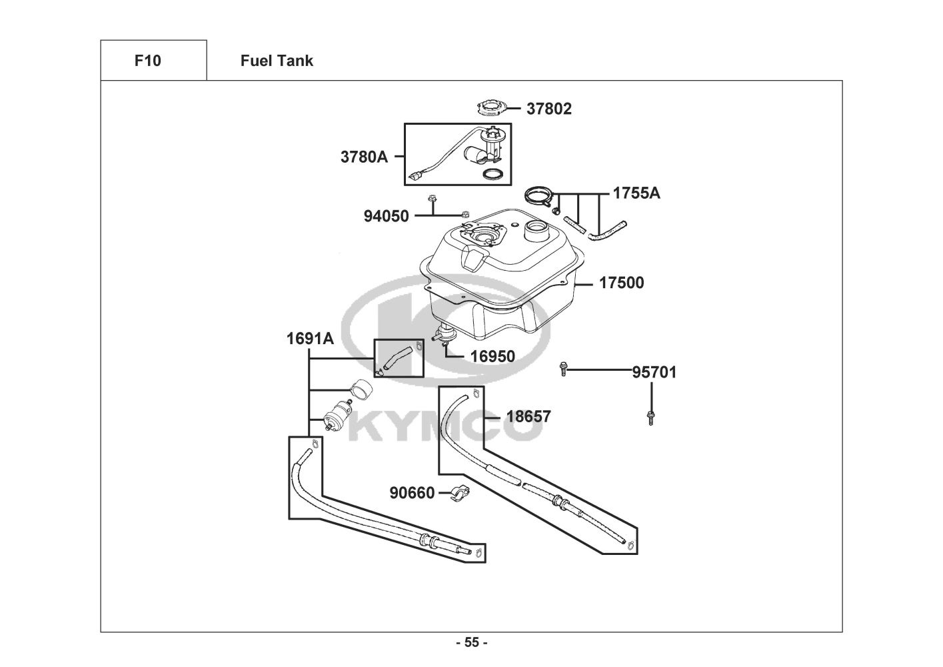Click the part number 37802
click(x=549, y=109)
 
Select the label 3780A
click(x=364, y=157)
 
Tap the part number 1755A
click(x=636, y=193)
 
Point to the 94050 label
click(x=386, y=216)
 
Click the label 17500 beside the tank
click(x=621, y=283)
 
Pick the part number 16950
click(x=492, y=356)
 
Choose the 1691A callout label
click(x=311, y=338)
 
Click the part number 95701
click(x=654, y=372)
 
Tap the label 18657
click(x=528, y=416)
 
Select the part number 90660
click(x=412, y=492)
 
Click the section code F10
click(x=148, y=61)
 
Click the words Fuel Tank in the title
click(x=277, y=61)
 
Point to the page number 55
click(x=472, y=642)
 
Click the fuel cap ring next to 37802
click(x=491, y=107)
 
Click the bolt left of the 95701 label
click(x=563, y=369)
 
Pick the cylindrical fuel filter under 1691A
click(x=338, y=416)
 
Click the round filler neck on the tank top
click(x=536, y=231)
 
